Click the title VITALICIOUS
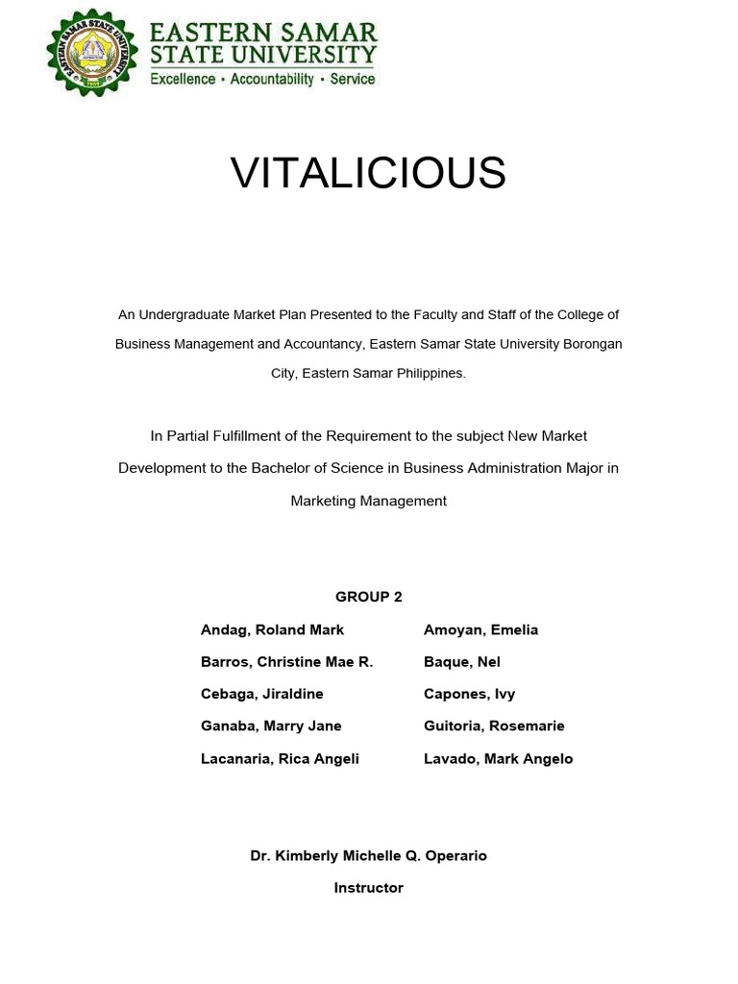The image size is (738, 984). [368, 173]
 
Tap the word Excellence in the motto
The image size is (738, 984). [183, 79]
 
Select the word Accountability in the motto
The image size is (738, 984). [273, 79]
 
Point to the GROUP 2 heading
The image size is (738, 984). [368, 597]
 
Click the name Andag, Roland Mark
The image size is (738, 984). [272, 629]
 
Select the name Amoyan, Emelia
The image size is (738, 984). [480, 629]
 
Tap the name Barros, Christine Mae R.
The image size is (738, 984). [286, 661]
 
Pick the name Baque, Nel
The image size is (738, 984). [461, 661]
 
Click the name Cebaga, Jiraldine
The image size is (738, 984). [261, 694]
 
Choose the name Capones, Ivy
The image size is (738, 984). [468, 694]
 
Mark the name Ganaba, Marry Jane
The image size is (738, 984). [271, 726]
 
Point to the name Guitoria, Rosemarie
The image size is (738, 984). [494, 726]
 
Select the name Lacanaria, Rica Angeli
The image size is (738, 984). [280, 758]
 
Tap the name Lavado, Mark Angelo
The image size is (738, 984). [498, 758]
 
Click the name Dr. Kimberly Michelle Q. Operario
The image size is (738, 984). [368, 855]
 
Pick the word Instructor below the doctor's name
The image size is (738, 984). [368, 888]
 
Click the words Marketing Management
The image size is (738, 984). [368, 501]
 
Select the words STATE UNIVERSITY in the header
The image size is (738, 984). [262, 53]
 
